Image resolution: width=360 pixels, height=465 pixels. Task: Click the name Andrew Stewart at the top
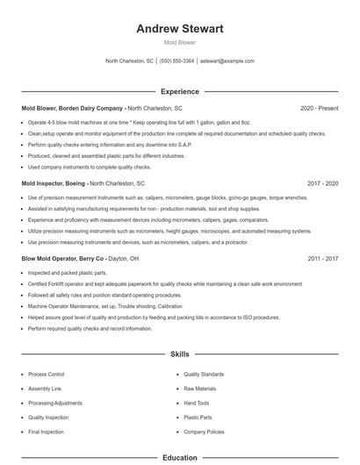180,29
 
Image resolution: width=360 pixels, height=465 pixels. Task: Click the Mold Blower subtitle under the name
180,42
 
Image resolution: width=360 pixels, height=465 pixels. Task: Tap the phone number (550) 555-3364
177,61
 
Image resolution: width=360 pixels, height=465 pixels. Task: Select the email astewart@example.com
227,61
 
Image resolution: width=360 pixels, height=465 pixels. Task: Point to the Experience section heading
180,91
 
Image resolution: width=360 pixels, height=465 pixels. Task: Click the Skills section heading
180,354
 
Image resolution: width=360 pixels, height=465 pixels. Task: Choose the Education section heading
180,457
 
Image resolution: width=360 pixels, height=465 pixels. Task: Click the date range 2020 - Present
319,108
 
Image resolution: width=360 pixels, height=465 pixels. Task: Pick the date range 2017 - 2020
322,183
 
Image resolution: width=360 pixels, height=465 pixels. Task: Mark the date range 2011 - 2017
322,259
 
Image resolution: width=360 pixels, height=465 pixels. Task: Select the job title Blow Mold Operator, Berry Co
63,259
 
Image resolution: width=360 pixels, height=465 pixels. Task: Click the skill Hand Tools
197,403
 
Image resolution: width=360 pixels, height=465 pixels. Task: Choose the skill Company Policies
204,433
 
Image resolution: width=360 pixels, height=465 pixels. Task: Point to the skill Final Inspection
46,433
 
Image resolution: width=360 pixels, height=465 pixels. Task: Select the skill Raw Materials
199,388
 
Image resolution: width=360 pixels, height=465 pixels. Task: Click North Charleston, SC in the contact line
129,61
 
